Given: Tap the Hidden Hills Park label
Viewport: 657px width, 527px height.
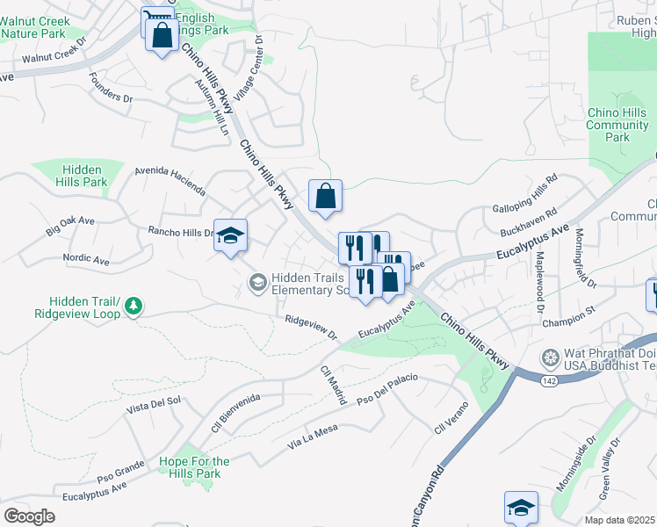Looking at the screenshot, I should (x=81, y=176).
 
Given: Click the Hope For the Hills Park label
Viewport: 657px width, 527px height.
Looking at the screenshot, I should (x=194, y=467).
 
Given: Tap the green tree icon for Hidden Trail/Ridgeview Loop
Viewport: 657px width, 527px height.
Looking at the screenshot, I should (x=134, y=306).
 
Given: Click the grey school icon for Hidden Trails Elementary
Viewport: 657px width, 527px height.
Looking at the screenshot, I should (x=257, y=282).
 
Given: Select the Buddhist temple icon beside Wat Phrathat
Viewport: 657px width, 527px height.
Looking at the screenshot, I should (x=550, y=357).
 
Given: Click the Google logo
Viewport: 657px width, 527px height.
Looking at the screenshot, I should (x=29, y=516).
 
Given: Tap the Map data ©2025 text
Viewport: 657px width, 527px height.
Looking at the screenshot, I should (x=619, y=520).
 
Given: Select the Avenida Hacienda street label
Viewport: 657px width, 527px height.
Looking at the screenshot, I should (x=170, y=181).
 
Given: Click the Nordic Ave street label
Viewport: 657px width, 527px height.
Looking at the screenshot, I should (x=86, y=261).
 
